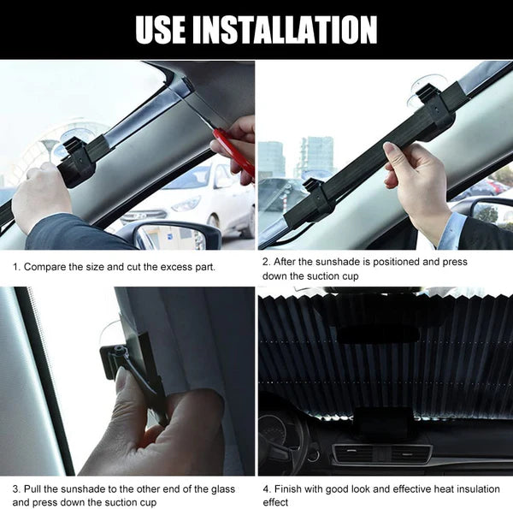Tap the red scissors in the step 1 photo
(233, 152)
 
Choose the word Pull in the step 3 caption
(35, 488)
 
